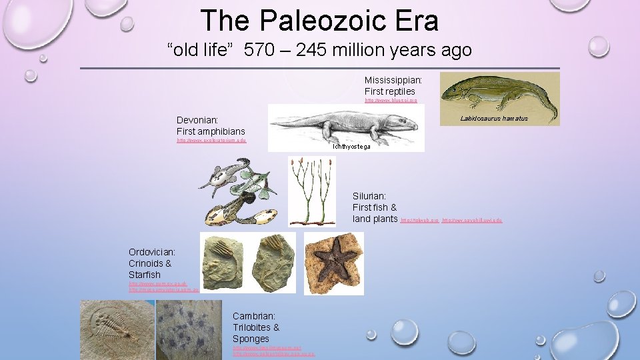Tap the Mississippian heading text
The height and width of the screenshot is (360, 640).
393,80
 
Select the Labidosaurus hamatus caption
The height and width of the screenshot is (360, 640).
494,119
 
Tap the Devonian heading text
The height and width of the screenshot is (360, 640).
197,120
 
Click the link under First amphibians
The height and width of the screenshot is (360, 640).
211,141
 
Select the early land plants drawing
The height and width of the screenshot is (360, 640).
311,191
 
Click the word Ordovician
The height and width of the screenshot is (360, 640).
151,252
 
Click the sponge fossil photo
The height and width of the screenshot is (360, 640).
191,329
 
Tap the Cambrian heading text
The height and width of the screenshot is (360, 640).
254,315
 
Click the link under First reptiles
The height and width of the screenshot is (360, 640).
391,101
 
